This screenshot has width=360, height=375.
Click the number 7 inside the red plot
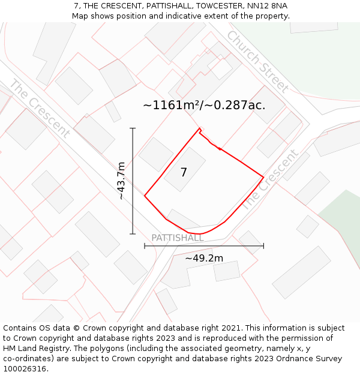184,173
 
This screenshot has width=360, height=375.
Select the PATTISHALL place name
177,238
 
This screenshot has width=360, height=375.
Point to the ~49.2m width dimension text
204,259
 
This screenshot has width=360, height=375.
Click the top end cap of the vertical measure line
133,128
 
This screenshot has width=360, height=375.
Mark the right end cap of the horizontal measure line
263,245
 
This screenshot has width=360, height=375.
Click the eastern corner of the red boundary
263,177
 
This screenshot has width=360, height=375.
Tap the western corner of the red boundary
145,195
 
